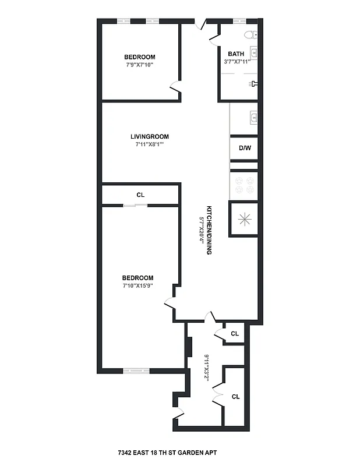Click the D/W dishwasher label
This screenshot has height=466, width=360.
tap(245, 148)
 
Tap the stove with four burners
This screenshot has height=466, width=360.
tap(244, 185)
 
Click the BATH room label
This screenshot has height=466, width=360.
tap(236, 54)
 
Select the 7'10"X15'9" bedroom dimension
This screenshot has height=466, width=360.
tap(137, 286)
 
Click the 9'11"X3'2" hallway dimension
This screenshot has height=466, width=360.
tap(206, 367)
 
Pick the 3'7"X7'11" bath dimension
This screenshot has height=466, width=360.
tap(237, 62)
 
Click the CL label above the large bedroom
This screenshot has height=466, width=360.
tap(140, 195)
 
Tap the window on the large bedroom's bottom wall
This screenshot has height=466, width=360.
tap(136, 370)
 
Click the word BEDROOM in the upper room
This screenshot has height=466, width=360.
tap(140, 57)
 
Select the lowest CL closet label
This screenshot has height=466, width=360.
tap(235, 397)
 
